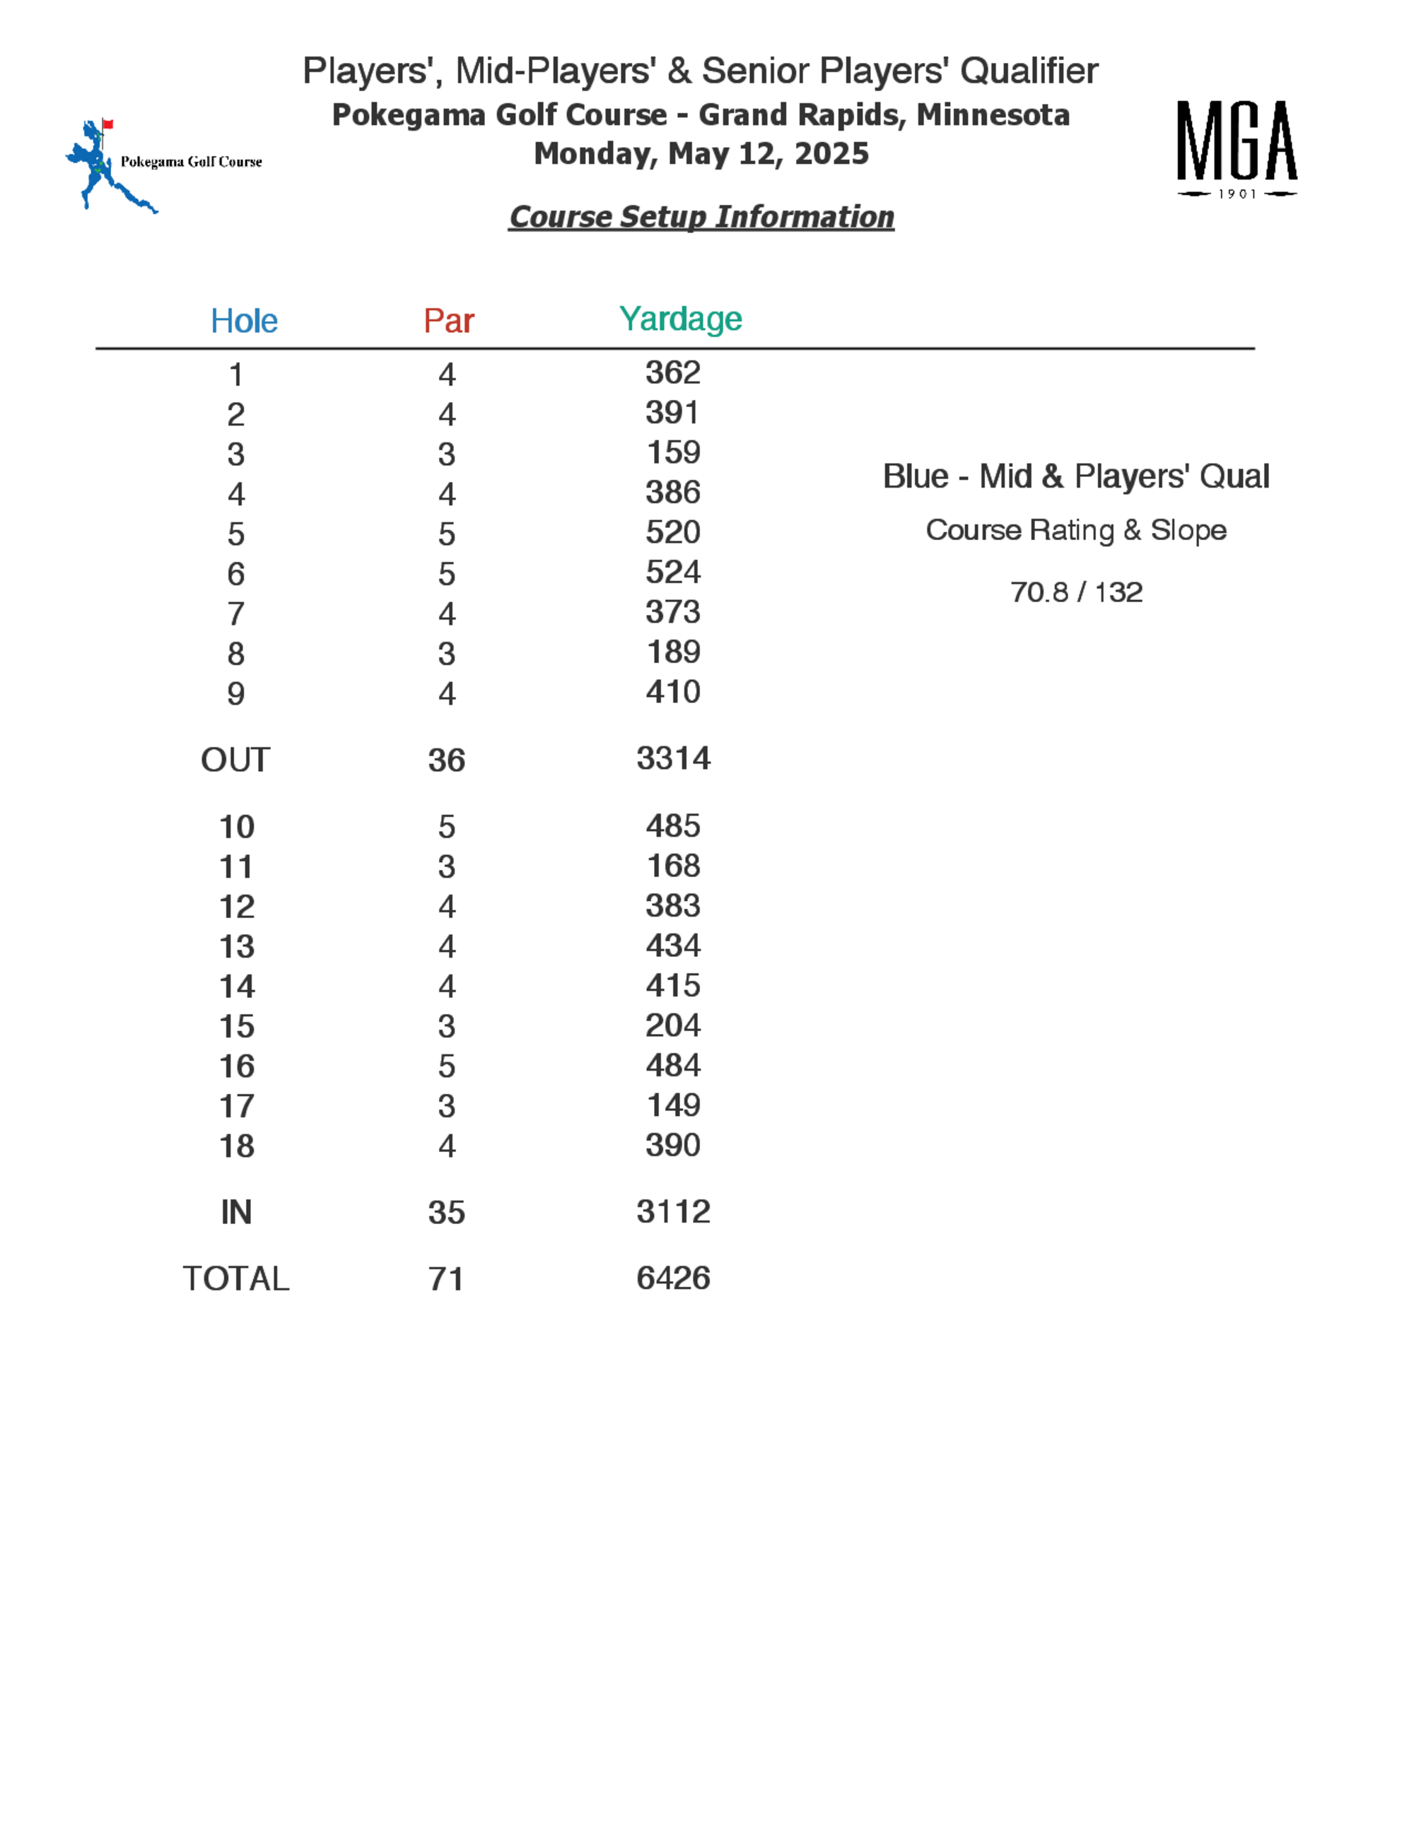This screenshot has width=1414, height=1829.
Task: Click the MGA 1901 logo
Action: pyautogui.click(x=1237, y=149)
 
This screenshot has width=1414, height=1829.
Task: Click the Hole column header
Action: pyautogui.click(x=244, y=321)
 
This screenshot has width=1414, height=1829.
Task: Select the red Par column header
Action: pyautogui.click(x=448, y=321)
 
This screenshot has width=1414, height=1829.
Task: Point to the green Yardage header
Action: pyautogui.click(x=680, y=319)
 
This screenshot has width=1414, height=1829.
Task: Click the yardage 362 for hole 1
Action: pyautogui.click(x=672, y=372)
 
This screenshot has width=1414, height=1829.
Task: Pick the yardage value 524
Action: pyautogui.click(x=672, y=572)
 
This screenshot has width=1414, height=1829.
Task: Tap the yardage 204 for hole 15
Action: pyautogui.click(x=672, y=1025)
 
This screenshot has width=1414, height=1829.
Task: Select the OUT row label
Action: pyautogui.click(x=235, y=760)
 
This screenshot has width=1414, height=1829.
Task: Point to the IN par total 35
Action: pyautogui.click(x=447, y=1213)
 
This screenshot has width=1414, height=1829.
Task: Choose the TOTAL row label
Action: pyautogui.click(x=235, y=1278)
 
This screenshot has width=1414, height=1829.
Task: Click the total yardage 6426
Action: pyautogui.click(x=672, y=1278)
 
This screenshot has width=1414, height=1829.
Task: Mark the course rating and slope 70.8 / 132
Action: pyautogui.click(x=1075, y=593)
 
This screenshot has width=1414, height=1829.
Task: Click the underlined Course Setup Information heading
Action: pyautogui.click(x=701, y=217)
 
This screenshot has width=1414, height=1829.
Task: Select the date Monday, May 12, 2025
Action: pyautogui.click(x=701, y=154)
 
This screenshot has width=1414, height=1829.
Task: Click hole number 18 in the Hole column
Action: pyautogui.click(x=236, y=1146)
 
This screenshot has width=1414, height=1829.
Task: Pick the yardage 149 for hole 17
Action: pyautogui.click(x=672, y=1105)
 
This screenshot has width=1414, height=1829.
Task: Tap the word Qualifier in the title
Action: pyautogui.click(x=1029, y=71)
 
